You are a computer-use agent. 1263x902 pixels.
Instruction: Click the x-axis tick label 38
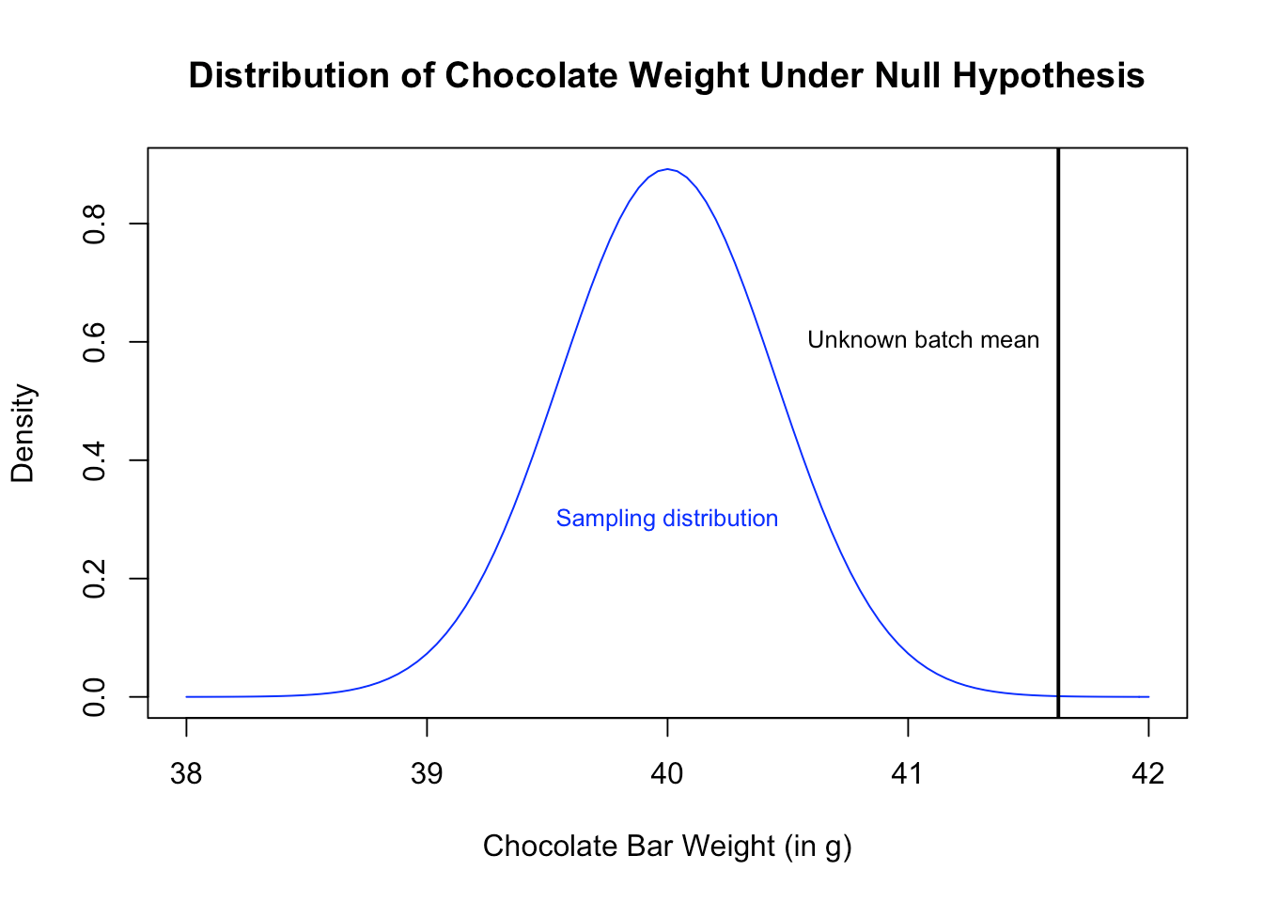tap(186, 774)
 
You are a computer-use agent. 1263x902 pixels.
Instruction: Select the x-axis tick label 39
tap(427, 774)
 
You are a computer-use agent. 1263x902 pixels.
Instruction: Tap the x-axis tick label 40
tap(667, 774)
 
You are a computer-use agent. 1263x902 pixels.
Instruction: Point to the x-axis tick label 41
tap(908, 774)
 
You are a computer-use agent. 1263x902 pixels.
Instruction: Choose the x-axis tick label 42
tap(1148, 774)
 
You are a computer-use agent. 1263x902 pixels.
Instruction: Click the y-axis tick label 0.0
tap(95, 697)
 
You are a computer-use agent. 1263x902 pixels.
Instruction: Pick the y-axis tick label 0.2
tap(95, 579)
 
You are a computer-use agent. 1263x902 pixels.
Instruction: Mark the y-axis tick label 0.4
tap(95, 460)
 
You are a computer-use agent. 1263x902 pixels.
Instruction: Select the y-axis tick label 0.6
tap(95, 342)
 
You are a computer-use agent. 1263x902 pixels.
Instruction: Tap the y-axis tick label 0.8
tap(95, 224)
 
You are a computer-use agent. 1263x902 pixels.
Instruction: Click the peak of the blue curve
tap(667, 170)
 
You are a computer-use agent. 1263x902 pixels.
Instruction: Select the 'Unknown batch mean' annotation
tap(923, 340)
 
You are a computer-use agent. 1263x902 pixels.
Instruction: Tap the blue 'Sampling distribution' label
tap(667, 519)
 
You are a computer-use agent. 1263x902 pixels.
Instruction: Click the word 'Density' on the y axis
tap(23, 432)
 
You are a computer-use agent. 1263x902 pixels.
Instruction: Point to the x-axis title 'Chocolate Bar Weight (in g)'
tap(667, 847)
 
